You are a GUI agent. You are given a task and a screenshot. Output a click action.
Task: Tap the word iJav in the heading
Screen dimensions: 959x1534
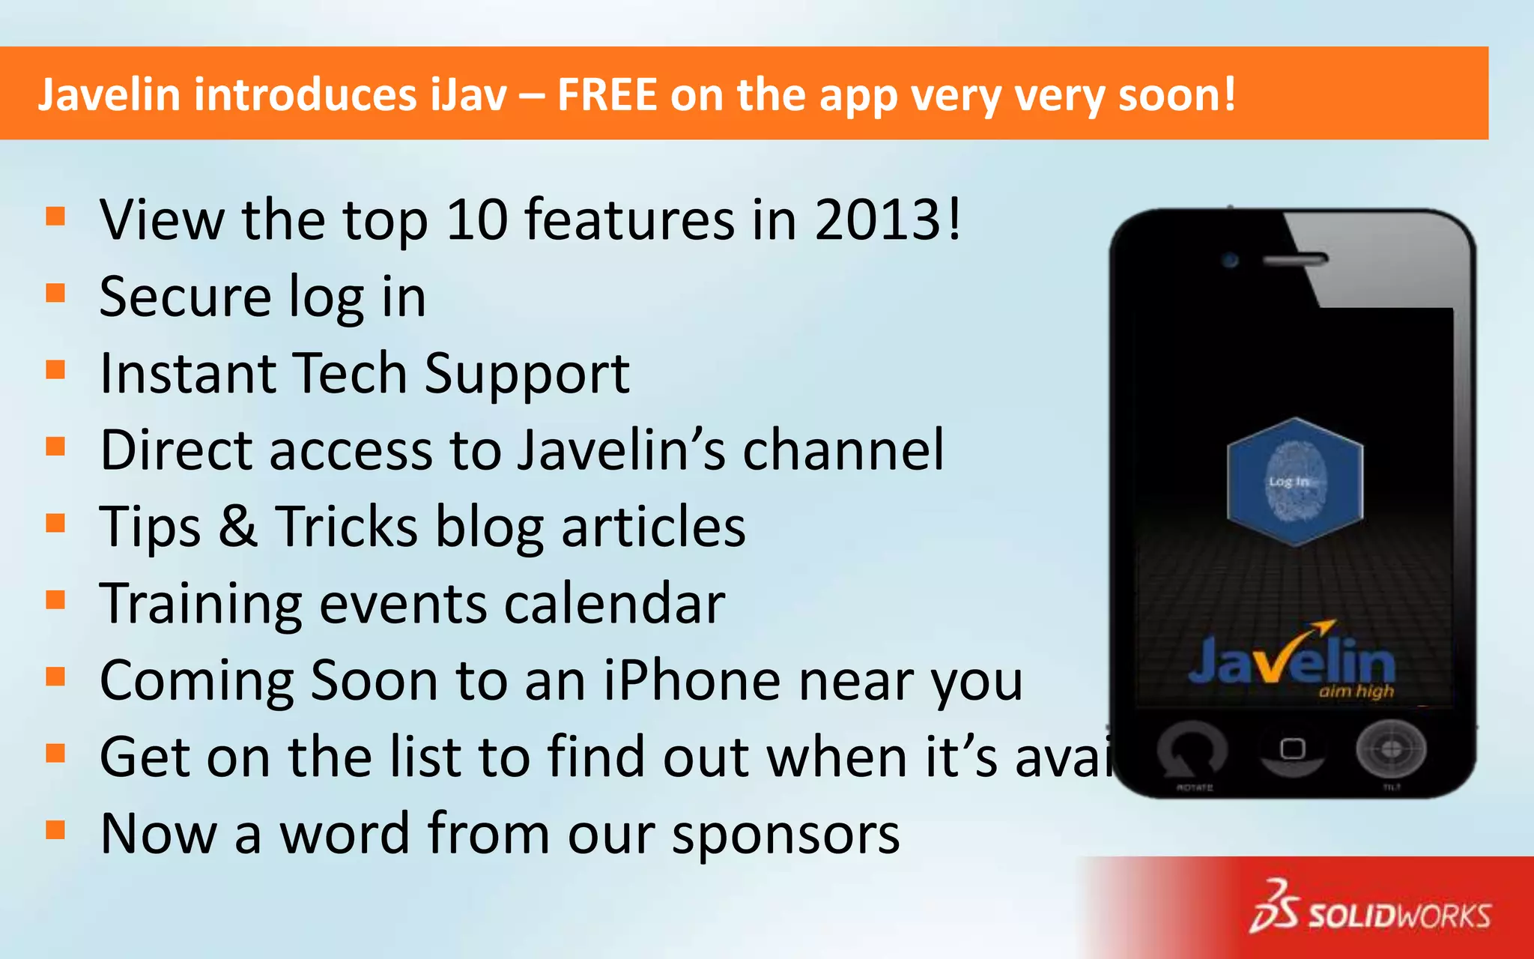click(469, 95)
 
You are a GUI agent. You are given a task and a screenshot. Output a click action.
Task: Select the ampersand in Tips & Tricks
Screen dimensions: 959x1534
click(237, 526)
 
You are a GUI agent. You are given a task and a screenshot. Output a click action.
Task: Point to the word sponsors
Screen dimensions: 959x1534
click(786, 835)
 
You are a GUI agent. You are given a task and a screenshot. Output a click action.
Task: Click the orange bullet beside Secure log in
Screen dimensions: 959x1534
click(55, 293)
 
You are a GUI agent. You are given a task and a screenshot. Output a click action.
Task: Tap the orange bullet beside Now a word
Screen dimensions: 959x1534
click(55, 830)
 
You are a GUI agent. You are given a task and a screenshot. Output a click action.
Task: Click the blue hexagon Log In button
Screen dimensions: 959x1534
click(1294, 482)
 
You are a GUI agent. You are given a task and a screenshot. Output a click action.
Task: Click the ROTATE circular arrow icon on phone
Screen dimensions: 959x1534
click(1192, 750)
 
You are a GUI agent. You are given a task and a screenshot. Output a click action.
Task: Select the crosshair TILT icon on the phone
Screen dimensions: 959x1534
click(1390, 748)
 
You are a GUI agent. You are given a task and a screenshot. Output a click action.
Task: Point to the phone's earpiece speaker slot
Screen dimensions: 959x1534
click(1295, 260)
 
